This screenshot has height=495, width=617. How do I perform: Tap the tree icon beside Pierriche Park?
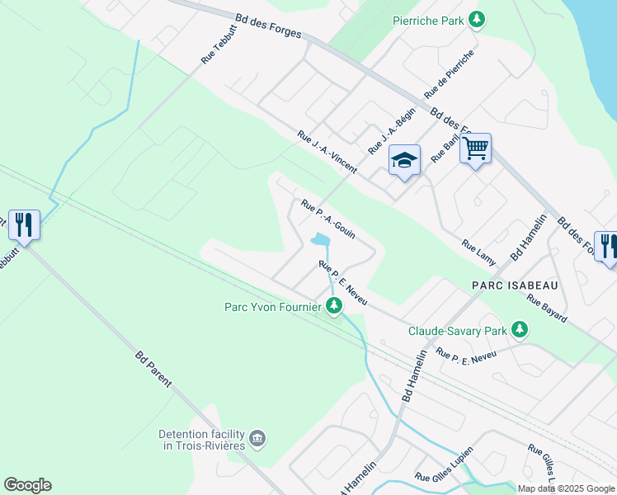point(476,18)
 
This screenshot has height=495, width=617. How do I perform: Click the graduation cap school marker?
point(405,160)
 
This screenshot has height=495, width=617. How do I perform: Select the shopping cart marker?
point(475,149)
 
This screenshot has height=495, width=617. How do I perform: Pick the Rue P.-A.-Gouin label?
point(328,219)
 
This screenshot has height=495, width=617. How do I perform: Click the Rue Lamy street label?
point(479,252)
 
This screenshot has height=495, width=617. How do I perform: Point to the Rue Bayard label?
point(547,309)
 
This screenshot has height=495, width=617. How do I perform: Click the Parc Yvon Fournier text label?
point(272,307)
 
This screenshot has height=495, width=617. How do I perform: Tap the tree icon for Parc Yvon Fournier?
point(334,307)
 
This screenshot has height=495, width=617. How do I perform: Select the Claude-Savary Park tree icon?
point(519,330)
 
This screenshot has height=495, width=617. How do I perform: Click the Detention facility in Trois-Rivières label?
point(201,440)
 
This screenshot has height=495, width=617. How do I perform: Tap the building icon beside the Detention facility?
point(257,436)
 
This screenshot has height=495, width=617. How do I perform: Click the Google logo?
point(27,484)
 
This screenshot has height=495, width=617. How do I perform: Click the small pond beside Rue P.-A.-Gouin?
point(320,241)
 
